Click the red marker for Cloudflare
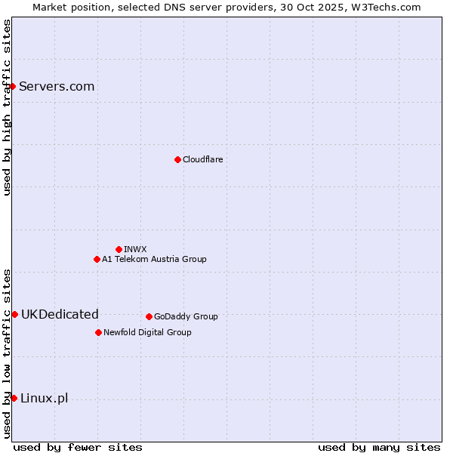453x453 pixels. click(x=177, y=159)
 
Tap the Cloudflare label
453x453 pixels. click(x=203, y=159)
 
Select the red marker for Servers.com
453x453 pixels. click(x=13, y=86)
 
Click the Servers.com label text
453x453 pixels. click(x=57, y=86)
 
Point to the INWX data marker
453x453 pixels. click(x=119, y=249)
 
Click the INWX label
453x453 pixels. click(x=135, y=249)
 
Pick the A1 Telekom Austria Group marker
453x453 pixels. click(x=97, y=259)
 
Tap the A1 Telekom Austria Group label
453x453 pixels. click(x=154, y=259)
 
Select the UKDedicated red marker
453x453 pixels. click(x=14, y=314)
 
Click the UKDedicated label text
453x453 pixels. click(x=60, y=314)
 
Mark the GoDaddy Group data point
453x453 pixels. click(x=149, y=316)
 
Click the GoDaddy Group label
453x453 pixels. click(x=186, y=316)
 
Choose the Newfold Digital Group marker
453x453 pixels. click(x=98, y=332)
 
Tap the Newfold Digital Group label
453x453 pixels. click(x=147, y=332)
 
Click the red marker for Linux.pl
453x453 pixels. click(x=14, y=398)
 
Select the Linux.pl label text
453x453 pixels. click(x=44, y=398)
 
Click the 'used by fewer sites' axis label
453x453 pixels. click(x=78, y=447)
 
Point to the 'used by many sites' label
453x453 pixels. click(x=379, y=447)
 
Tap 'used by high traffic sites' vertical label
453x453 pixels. click(x=8, y=107)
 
